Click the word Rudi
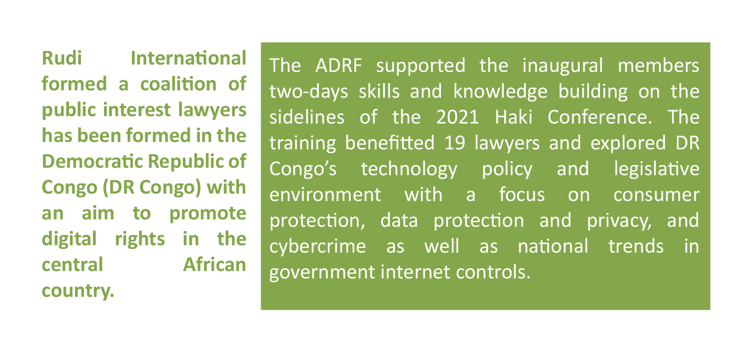(x=62, y=58)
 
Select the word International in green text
(x=188, y=58)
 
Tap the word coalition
(x=178, y=84)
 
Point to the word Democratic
(x=93, y=161)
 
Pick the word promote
(x=208, y=214)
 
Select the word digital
(x=69, y=239)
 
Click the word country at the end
(x=78, y=291)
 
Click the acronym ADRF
(x=339, y=65)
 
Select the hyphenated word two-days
(x=309, y=92)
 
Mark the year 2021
(x=458, y=117)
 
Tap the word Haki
(x=514, y=117)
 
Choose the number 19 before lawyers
(x=455, y=143)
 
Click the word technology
(x=409, y=169)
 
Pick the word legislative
(x=657, y=169)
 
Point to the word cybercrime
(x=317, y=247)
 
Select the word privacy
(x=619, y=221)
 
